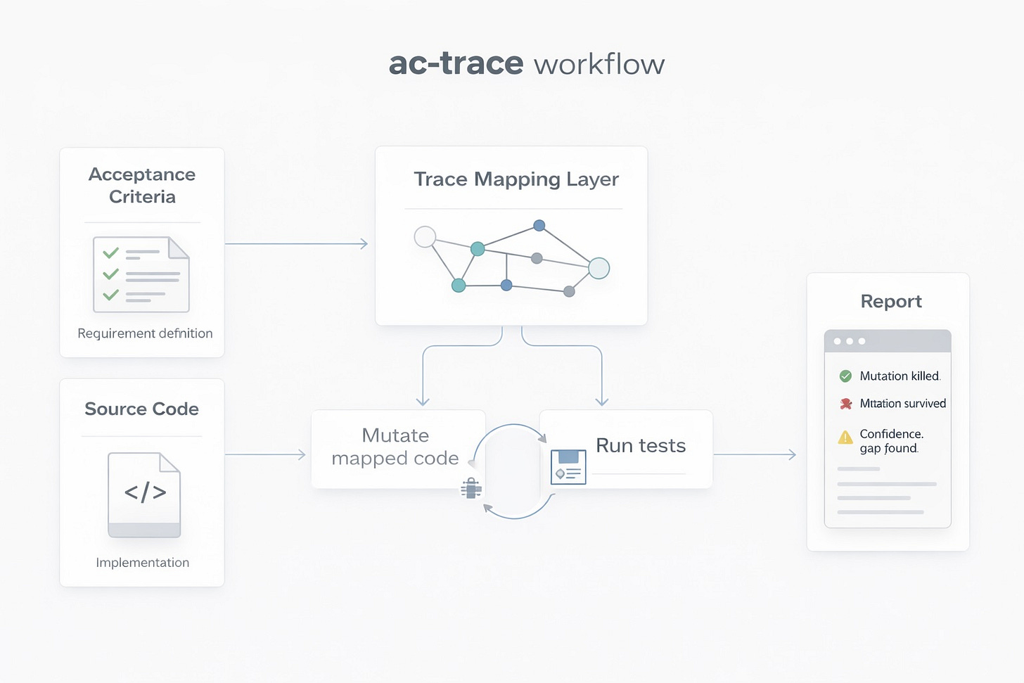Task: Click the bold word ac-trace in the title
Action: point(456,63)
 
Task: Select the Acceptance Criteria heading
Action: point(142,185)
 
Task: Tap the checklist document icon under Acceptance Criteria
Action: point(141,274)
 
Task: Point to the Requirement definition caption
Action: point(145,333)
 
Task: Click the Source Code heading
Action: point(141,409)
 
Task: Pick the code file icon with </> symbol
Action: point(144,495)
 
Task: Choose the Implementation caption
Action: point(142,563)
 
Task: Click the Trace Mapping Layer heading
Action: point(516,179)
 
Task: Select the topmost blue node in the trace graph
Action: point(539,226)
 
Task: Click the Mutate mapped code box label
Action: point(395,447)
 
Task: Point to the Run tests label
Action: point(640,445)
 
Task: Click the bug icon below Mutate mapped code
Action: point(471,487)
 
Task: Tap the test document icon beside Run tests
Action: point(568,467)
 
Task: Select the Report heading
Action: point(890,301)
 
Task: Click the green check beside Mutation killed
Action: point(845,376)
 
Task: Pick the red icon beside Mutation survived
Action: point(846,404)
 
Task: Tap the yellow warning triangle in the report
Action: point(845,438)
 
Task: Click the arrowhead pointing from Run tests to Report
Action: point(792,455)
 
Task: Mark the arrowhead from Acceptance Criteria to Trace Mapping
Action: point(364,244)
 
